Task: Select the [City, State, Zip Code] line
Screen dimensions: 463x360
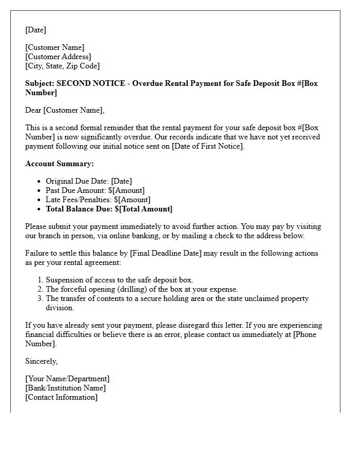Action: pos(62,66)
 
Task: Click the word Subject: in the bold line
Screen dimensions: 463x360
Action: pos(40,83)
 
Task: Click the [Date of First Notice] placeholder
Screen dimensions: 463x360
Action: pos(207,146)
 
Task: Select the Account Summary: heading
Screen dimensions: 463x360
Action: pos(60,164)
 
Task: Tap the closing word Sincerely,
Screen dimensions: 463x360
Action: pos(41,361)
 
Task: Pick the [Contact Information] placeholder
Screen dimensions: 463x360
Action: pos(61,397)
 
